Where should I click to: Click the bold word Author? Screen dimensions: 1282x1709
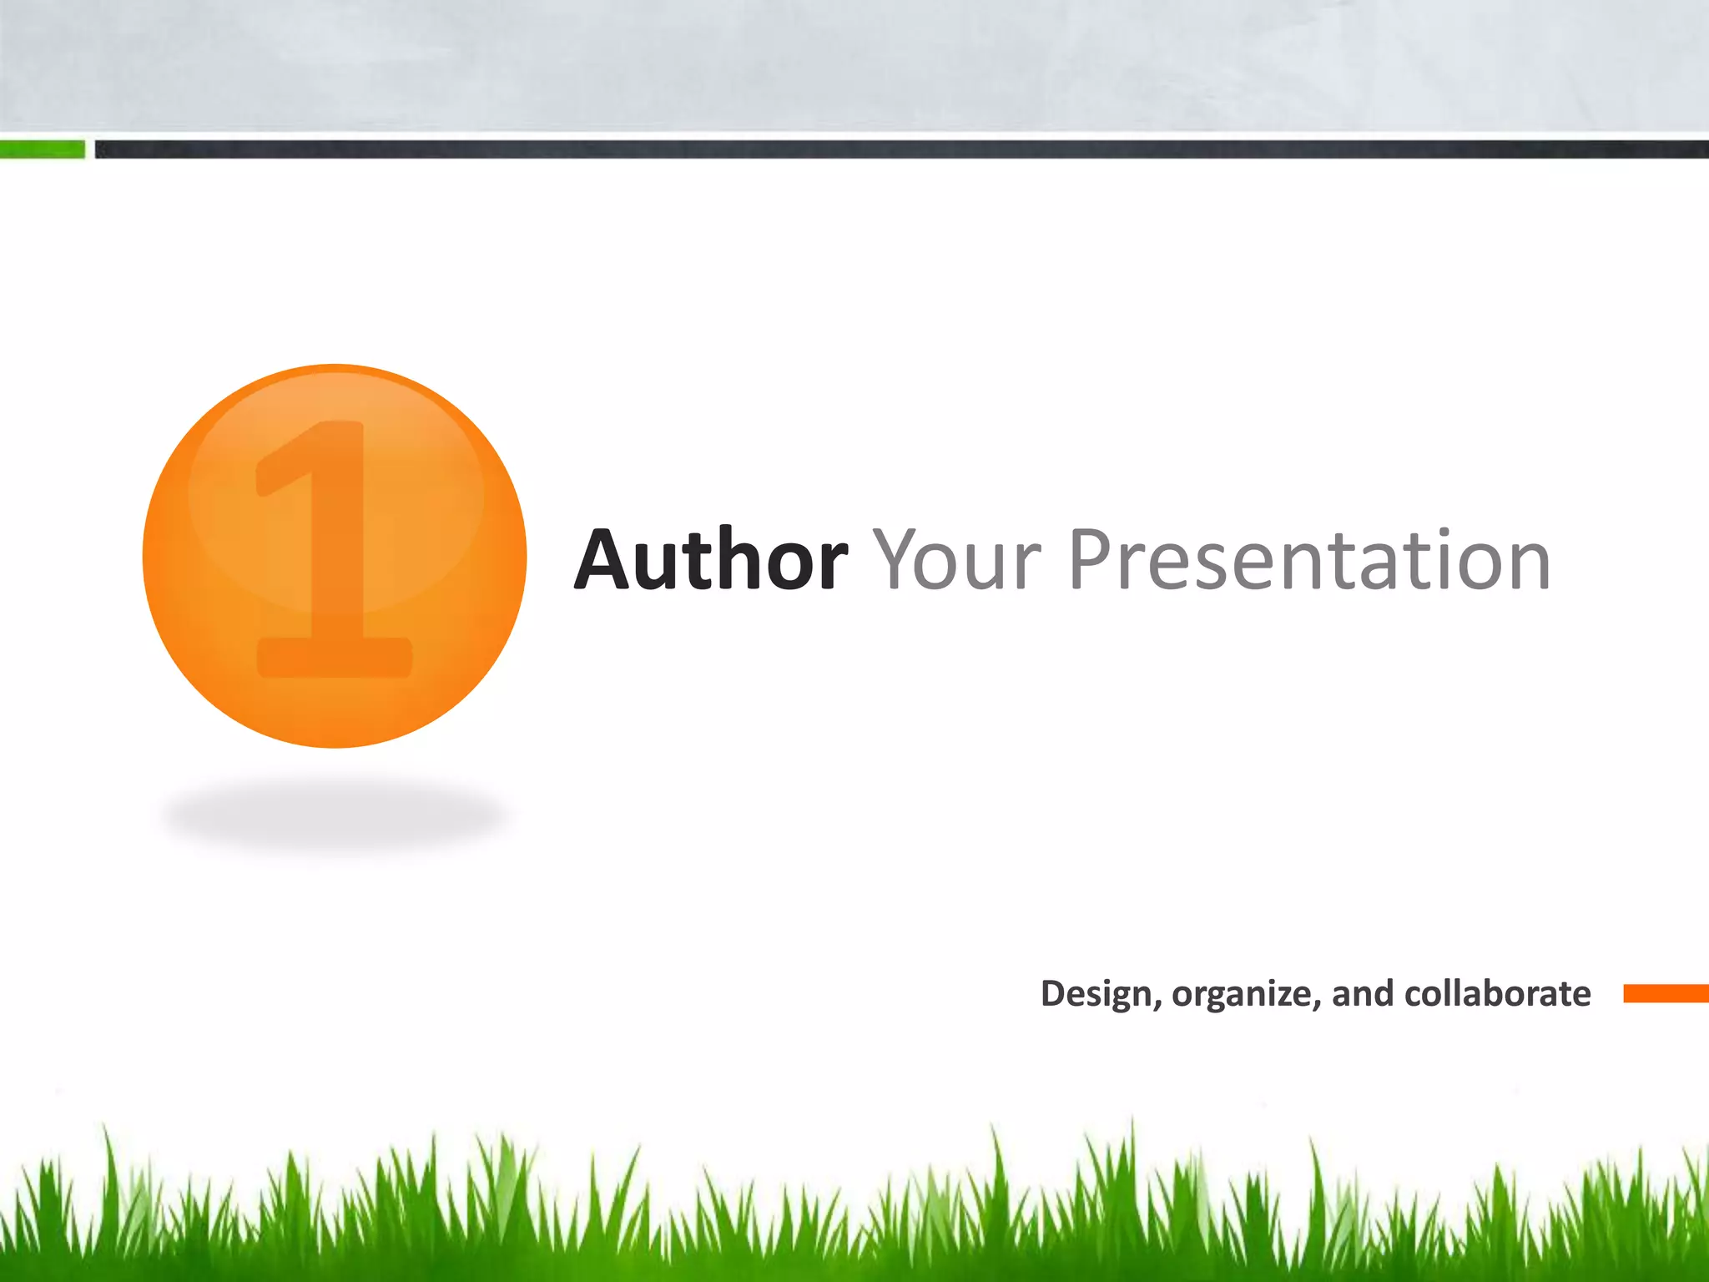click(x=711, y=560)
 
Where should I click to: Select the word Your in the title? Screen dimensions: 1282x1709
click(x=957, y=560)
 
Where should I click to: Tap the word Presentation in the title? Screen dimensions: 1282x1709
click(x=1309, y=560)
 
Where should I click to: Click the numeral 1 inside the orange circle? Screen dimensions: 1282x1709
click(x=334, y=551)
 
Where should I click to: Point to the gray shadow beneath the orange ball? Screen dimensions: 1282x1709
click(x=334, y=815)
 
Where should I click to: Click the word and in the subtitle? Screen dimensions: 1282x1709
click(x=1362, y=993)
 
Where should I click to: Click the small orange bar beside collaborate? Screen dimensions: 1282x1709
click(x=1666, y=993)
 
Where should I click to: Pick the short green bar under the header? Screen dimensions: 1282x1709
click(x=42, y=149)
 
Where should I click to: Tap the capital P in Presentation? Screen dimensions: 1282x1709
click(x=1093, y=560)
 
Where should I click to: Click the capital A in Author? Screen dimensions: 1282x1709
click(x=605, y=560)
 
